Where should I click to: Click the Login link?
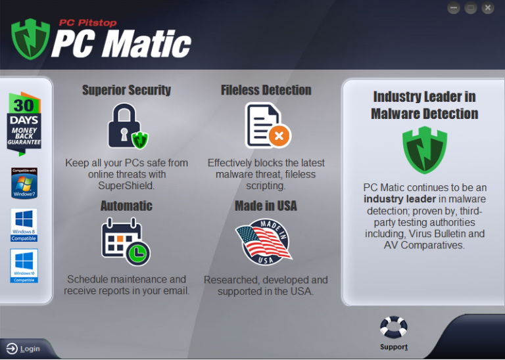click(24, 349)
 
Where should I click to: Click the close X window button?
click(487, 8)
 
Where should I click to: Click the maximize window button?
click(470, 8)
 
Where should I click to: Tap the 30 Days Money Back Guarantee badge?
click(24, 123)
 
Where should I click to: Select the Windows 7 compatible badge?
click(24, 183)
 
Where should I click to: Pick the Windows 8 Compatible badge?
click(24, 225)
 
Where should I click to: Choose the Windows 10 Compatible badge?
click(24, 265)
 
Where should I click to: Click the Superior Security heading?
click(126, 91)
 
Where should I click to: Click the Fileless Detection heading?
click(266, 91)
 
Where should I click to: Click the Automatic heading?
click(126, 206)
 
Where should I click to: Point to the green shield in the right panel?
click(424, 150)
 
